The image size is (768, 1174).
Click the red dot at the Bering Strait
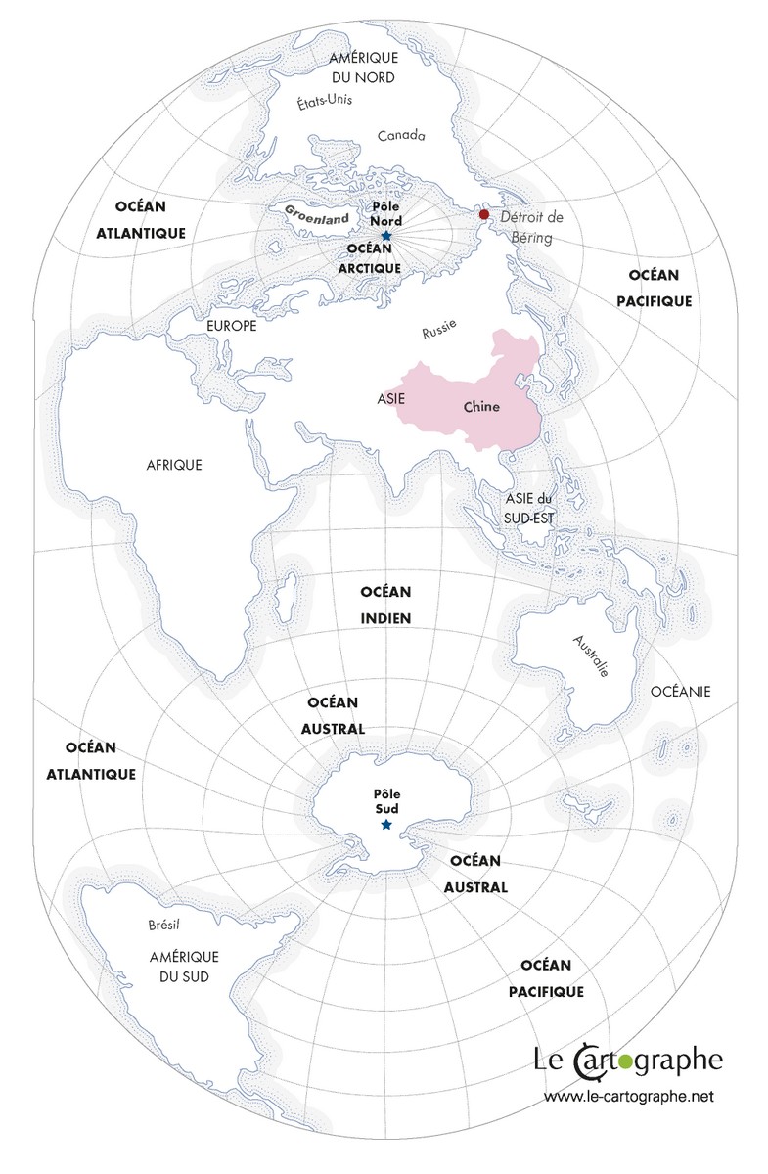[483, 215]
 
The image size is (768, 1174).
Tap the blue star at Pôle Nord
[386, 237]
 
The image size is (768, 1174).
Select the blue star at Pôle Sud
[386, 827]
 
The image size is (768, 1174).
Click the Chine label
[481, 407]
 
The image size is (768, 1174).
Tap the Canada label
[402, 134]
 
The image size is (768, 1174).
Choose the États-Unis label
[325, 101]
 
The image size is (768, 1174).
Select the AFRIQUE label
[174, 465]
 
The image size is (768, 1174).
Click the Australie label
[592, 655]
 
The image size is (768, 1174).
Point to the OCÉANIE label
[680, 692]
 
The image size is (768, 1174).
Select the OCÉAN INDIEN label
[385, 605]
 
